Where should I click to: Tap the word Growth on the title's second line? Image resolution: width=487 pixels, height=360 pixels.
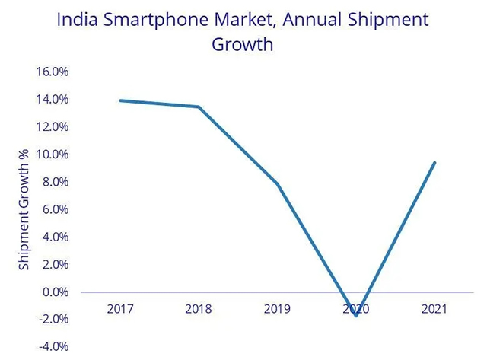(x=242, y=44)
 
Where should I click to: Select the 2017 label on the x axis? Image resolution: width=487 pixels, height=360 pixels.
(x=121, y=309)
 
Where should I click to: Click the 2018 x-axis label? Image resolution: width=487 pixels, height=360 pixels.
(x=199, y=309)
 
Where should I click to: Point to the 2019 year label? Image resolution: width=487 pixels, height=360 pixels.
(x=278, y=309)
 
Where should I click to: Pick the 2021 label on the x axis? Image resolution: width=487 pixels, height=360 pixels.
(x=434, y=309)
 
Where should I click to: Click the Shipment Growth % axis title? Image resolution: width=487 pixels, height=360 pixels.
(x=24, y=210)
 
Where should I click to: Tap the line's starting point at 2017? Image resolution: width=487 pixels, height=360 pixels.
(x=121, y=100)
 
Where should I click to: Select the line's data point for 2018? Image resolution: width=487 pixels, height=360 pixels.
(x=199, y=107)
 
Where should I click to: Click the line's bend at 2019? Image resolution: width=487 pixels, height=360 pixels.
(x=278, y=184)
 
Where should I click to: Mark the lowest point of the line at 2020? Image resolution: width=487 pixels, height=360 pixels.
(x=356, y=315)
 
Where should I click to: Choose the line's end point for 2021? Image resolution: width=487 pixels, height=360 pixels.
(x=434, y=162)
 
